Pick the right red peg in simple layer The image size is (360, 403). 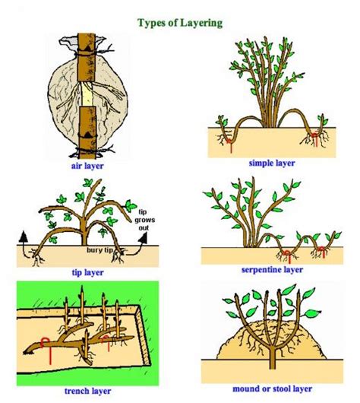tap(312, 138)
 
